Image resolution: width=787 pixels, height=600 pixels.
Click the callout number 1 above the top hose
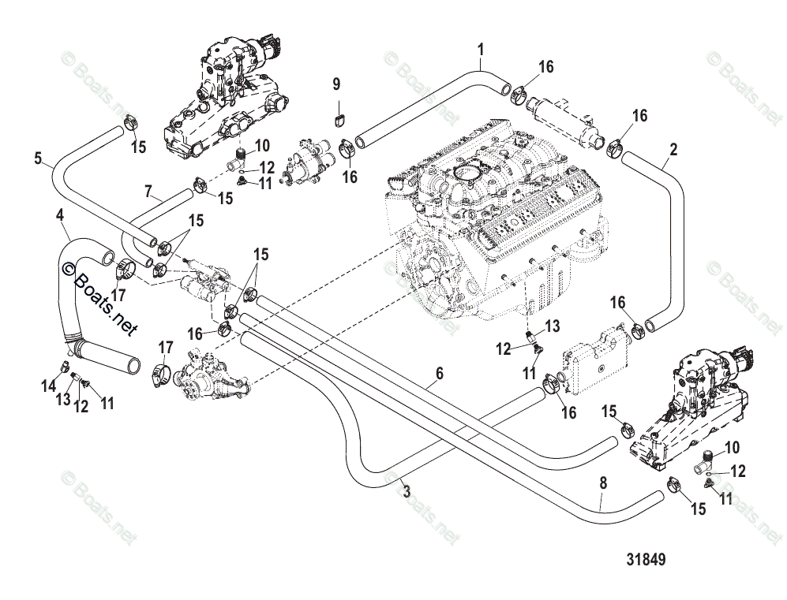point(481,50)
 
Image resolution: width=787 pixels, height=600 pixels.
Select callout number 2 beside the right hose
point(673,148)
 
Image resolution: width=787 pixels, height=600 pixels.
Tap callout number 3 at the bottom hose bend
point(407,491)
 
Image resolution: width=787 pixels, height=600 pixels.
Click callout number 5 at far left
point(38,158)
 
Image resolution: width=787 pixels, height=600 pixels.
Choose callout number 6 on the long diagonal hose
point(440,372)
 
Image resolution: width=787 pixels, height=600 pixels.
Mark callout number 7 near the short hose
point(148,190)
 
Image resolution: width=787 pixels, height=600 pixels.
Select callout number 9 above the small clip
point(335,84)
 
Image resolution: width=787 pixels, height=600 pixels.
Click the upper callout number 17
point(119,295)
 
